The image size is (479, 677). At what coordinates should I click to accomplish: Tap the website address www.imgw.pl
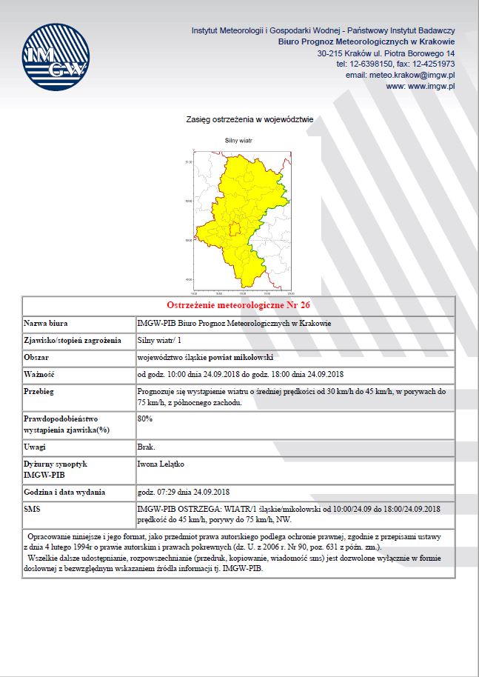point(421,86)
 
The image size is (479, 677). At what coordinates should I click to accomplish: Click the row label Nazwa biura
point(45,324)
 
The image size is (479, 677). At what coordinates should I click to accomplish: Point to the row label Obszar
point(36,357)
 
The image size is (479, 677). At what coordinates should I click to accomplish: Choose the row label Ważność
point(40,373)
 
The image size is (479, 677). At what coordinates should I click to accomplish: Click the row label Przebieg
point(40,390)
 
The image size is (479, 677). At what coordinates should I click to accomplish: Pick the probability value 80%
point(145,418)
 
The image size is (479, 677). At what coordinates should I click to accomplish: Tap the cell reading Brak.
point(146,447)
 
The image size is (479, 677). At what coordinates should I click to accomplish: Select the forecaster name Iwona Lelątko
point(161,464)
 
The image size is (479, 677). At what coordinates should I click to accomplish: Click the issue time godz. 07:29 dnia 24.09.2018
point(184,491)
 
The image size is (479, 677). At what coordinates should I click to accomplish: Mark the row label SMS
point(32,508)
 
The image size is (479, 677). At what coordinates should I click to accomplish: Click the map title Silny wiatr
point(238,140)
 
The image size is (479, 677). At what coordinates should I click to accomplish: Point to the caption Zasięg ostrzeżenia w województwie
point(249,118)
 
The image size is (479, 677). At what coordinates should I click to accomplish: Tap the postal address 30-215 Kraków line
point(386,54)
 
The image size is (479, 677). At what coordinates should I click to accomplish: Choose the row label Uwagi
point(35,447)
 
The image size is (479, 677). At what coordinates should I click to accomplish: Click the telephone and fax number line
point(395,64)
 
